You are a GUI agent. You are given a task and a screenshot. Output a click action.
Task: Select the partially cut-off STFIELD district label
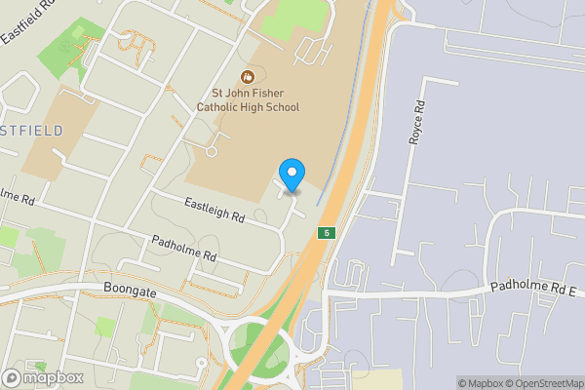[x=31, y=131]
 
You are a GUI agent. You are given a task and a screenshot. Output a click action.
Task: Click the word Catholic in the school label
[x=222, y=107]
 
